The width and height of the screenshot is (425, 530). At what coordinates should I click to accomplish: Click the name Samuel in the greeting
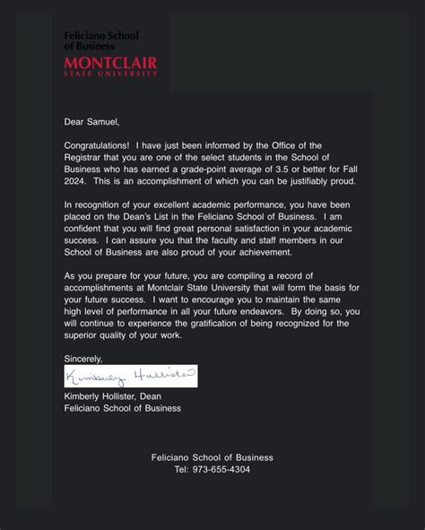(101, 121)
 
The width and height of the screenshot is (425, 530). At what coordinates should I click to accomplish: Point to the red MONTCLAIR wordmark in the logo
(110, 63)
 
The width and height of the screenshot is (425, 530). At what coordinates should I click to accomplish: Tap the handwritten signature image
(130, 376)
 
